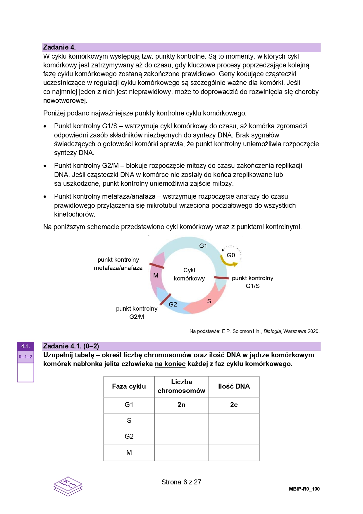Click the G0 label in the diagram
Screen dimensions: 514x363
231,255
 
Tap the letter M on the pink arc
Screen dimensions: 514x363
156,275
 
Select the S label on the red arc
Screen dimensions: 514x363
209,301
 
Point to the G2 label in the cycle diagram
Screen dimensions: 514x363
173,304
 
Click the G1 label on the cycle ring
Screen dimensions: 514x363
203,246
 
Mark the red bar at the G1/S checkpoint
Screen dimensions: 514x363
221,278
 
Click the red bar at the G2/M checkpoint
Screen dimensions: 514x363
166,299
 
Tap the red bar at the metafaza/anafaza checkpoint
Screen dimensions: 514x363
157,266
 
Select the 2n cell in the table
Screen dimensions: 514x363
181,405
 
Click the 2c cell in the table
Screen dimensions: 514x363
234,405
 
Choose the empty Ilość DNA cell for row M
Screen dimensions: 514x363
234,453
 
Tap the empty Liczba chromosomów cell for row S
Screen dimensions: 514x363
181,421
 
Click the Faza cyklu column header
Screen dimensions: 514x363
129,387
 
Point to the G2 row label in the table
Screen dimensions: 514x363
129,437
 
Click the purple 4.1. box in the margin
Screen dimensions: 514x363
25,346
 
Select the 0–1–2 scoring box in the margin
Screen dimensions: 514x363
25,357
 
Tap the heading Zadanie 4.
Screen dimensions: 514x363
59,47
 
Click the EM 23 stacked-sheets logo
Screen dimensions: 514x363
68,486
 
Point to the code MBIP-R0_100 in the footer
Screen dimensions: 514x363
304,489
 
